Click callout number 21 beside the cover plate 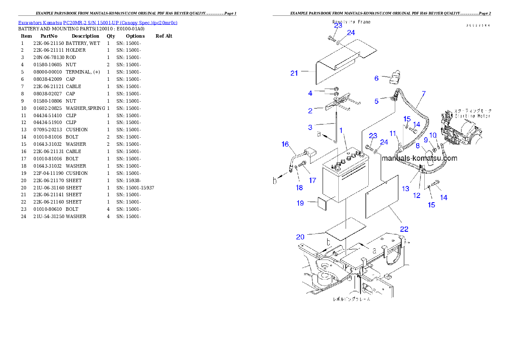[294, 73]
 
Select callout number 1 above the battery [341, 130]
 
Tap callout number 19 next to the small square [301, 203]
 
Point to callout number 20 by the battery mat [300, 237]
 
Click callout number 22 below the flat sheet [404, 229]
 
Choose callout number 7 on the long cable [423, 93]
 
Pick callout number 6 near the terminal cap [376, 78]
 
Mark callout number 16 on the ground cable [285, 144]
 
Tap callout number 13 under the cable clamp [405, 189]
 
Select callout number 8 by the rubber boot [417, 146]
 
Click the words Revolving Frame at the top [351, 22]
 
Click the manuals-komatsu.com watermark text [419, 158]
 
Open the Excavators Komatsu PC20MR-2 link [98, 23]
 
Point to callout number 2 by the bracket [310, 111]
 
